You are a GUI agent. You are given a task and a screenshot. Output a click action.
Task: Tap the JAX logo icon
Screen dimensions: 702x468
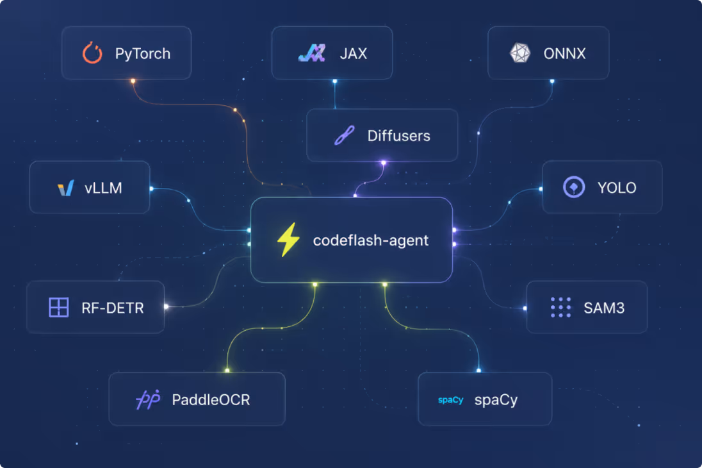pyautogui.click(x=311, y=53)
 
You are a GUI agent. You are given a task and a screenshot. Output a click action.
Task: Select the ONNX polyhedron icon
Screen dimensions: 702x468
pyautogui.click(x=520, y=53)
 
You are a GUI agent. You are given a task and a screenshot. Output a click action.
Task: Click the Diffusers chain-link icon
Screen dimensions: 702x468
pyautogui.click(x=345, y=135)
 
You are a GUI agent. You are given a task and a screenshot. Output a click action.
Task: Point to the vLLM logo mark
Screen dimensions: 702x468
pyautogui.click(x=66, y=188)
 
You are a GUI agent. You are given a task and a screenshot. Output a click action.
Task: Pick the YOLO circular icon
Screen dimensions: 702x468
pyautogui.click(x=574, y=187)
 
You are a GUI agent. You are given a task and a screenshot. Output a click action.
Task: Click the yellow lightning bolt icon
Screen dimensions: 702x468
pyautogui.click(x=288, y=240)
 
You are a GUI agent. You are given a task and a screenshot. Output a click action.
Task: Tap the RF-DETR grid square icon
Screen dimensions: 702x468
pyautogui.click(x=59, y=308)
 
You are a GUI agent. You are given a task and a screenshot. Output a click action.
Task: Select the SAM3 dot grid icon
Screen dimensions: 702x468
pyautogui.click(x=560, y=308)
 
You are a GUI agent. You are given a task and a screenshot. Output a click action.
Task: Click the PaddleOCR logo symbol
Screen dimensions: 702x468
pyautogui.click(x=148, y=399)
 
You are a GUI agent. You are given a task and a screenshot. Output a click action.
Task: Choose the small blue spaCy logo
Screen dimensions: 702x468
pyautogui.click(x=450, y=400)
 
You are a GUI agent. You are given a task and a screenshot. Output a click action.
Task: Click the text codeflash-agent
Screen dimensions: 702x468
pyautogui.click(x=371, y=240)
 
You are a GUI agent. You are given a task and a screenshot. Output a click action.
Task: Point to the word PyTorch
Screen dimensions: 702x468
pyautogui.click(x=143, y=54)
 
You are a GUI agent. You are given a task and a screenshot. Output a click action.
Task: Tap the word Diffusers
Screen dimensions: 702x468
pyautogui.click(x=399, y=136)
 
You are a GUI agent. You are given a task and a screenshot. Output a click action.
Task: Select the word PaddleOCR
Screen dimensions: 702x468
pyautogui.click(x=211, y=399)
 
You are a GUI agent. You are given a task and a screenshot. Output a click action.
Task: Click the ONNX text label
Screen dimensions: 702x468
pyautogui.click(x=564, y=54)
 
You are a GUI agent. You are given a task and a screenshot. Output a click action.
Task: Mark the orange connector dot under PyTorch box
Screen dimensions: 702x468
pyautogui.click(x=133, y=81)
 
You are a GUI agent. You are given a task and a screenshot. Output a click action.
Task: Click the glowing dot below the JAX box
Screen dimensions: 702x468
pyautogui.click(x=335, y=81)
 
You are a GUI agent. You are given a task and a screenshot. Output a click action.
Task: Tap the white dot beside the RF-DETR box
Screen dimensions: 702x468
pyautogui.click(x=166, y=306)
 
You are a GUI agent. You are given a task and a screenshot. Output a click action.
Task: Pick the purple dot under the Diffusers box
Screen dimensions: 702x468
pyautogui.click(x=383, y=163)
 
